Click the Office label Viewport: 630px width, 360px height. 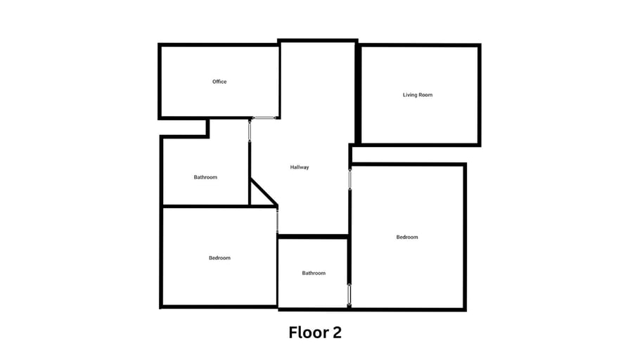pos(219,82)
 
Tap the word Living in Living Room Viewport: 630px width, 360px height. pos(410,95)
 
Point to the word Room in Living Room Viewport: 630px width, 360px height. pos(426,95)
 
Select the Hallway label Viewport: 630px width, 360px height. pos(300,167)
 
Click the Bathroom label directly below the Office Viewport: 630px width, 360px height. pos(205,177)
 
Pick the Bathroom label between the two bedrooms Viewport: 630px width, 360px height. pos(314,274)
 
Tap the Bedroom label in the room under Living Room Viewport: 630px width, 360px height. pos(407,237)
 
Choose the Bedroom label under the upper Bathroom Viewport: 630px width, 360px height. pos(219,258)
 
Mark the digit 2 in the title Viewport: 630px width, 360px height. pos(337,333)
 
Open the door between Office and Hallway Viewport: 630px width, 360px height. pos(264,117)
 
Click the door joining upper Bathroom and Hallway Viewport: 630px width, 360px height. pos(250,130)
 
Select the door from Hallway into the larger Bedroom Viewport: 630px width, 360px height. pos(350,179)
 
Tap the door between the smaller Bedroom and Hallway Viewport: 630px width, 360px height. pos(277,220)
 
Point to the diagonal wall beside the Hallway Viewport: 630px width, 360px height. pos(264,193)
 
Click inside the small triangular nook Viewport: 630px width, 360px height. pos(257,198)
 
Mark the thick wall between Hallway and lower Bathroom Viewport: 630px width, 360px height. pos(313,237)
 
